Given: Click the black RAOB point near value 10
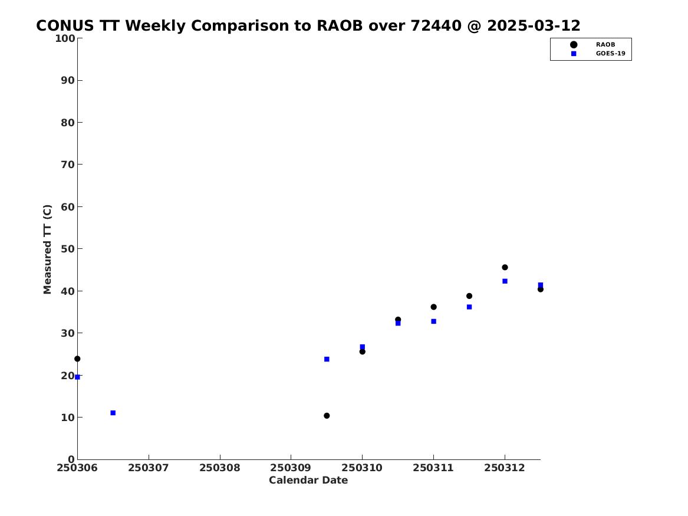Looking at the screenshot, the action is pos(327,416).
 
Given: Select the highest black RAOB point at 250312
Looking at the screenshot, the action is pos(505,267).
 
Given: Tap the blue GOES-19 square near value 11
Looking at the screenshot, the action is pos(113,413).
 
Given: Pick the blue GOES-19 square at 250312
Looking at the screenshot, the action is pos(505,281).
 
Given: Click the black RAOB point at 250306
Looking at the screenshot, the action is pos(77,359).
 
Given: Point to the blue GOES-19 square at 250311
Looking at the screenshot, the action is pos(433,321).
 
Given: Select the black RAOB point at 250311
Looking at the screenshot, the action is pos(433,307).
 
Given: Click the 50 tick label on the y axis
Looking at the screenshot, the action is pos(68,249).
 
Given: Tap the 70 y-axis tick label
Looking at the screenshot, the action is pos(68,165).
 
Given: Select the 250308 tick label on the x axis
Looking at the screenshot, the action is pos(220,468).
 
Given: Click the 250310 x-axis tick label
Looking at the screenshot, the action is pos(362,468).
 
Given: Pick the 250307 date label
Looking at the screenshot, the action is pos(149,468).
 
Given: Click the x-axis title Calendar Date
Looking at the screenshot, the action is pos(308,481).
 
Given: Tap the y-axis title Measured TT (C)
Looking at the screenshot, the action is pos(47,249).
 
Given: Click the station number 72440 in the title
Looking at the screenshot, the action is pos(436,26).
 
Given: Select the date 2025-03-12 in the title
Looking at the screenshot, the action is pos(534,26).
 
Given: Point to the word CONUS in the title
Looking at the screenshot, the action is pos(65,26).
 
